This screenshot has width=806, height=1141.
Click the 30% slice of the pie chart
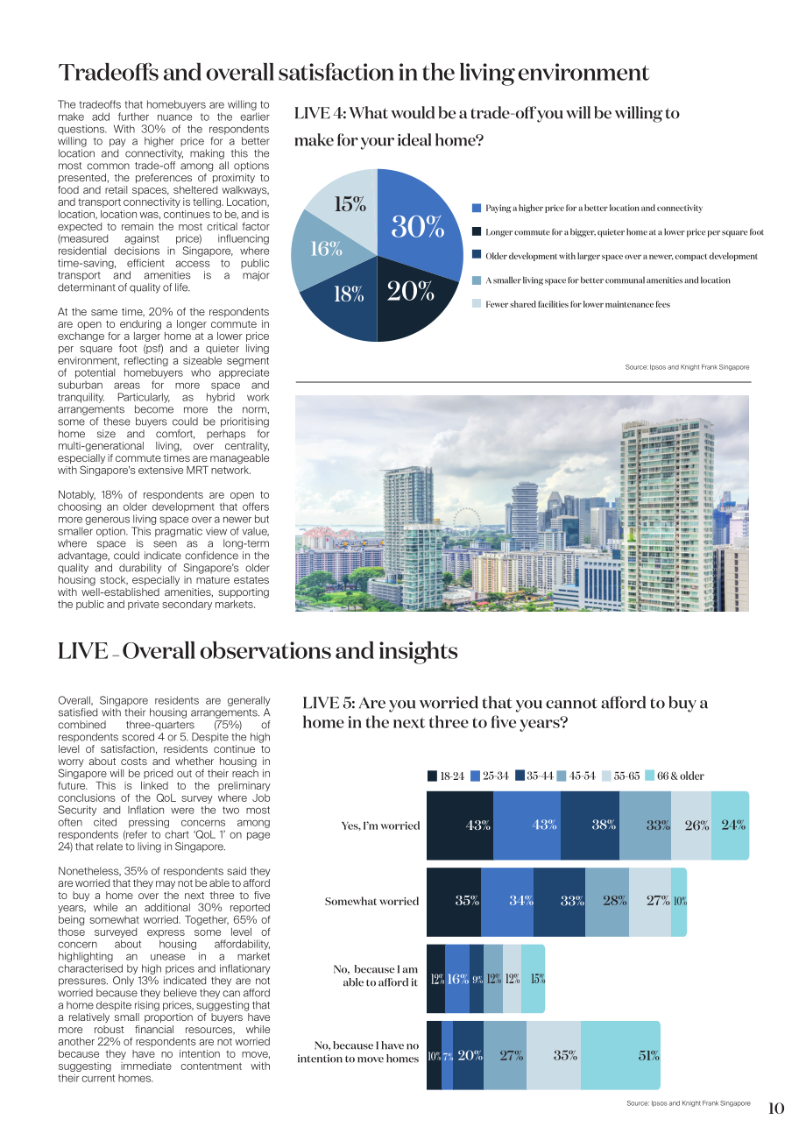pyautogui.click(x=418, y=227)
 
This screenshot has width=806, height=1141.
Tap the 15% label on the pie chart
pyautogui.click(x=350, y=204)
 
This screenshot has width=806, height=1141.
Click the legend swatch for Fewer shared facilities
pyautogui.click(x=477, y=304)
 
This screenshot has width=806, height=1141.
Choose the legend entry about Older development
pyautogui.click(x=615, y=256)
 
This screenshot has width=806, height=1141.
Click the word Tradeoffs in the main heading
pyautogui.click(x=108, y=73)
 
